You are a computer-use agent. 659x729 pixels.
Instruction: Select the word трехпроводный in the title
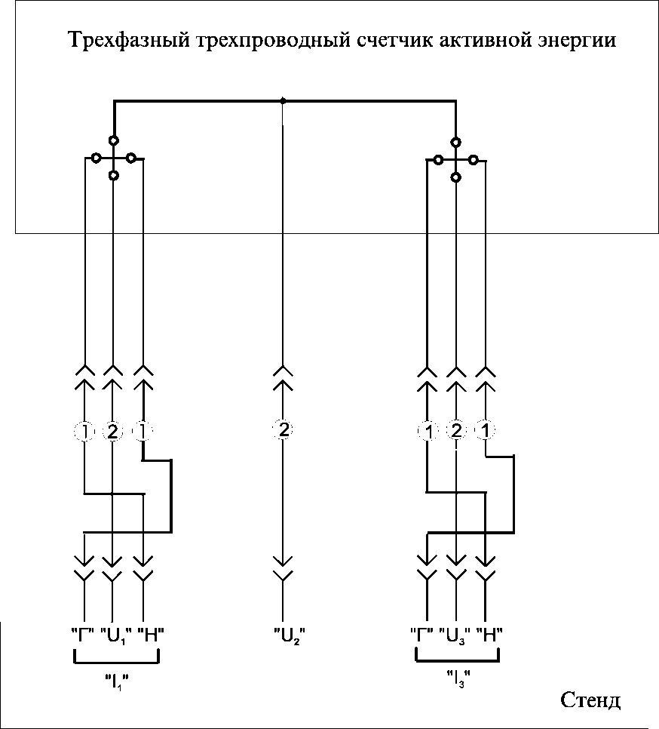click(x=234, y=39)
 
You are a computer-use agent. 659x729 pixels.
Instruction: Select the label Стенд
click(x=590, y=700)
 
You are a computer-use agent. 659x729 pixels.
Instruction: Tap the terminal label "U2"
click(x=284, y=635)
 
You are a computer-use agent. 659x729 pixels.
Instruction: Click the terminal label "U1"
click(x=112, y=635)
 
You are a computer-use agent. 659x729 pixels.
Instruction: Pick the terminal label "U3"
click(x=455, y=635)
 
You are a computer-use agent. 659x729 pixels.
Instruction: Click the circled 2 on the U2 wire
click(x=283, y=430)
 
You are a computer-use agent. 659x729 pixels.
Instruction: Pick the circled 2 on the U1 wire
click(x=112, y=432)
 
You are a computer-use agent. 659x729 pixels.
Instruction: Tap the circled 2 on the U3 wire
click(x=456, y=432)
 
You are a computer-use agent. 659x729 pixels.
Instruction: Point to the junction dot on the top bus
click(x=283, y=100)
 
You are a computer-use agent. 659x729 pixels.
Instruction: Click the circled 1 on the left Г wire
click(x=84, y=432)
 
